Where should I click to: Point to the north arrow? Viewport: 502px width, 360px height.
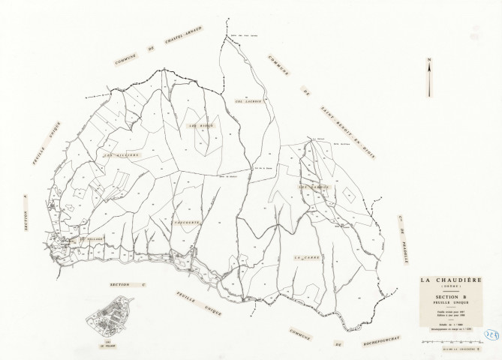pyautogui.click(x=429, y=77)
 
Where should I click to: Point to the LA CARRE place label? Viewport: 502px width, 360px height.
pyautogui.click(x=308, y=256)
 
